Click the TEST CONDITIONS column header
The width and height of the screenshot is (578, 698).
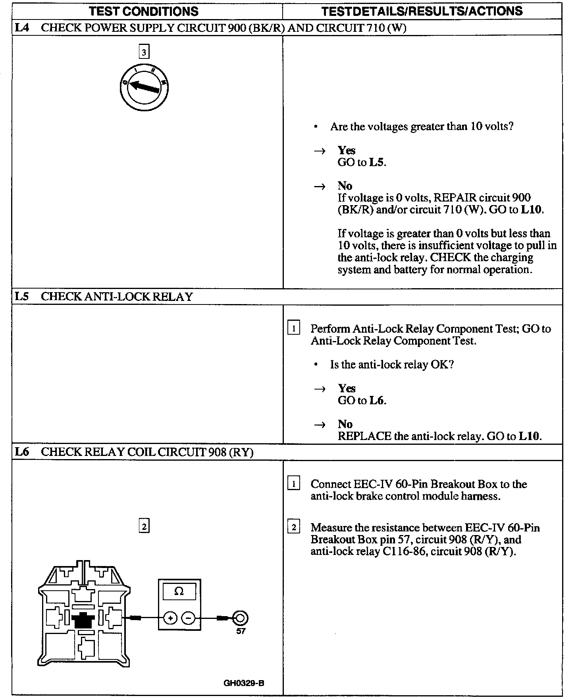(x=144, y=11)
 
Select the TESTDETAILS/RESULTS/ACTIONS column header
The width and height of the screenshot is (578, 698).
(x=422, y=11)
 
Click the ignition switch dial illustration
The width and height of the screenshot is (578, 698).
(x=144, y=86)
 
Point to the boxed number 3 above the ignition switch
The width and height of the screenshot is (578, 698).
(x=144, y=52)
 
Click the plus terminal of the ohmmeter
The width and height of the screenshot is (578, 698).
(x=170, y=618)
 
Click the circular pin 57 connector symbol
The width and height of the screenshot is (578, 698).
(x=240, y=618)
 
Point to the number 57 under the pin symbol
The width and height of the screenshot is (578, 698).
(x=241, y=631)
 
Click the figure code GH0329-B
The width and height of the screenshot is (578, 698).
(x=244, y=684)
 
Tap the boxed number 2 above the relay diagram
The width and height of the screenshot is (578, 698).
(x=144, y=527)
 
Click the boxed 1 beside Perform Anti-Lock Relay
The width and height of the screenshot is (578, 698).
(x=293, y=329)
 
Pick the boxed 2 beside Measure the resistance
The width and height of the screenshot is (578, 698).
(x=293, y=527)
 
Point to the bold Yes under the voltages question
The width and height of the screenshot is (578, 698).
(x=347, y=150)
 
